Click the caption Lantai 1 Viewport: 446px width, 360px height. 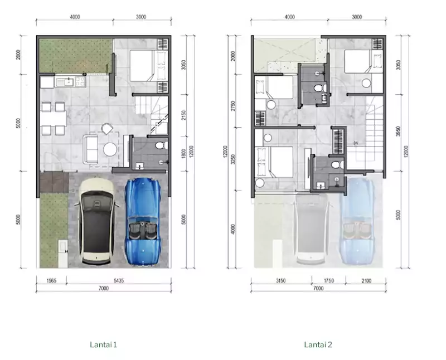[103, 344]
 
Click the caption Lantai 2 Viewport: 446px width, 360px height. [318, 344]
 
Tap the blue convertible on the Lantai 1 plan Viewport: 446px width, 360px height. [143, 221]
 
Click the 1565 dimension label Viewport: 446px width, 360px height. [51, 281]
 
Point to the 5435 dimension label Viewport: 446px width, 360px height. [119, 281]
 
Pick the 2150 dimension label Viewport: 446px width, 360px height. [183, 115]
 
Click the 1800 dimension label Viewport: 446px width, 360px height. [183, 154]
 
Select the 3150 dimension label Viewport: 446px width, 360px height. [280, 281]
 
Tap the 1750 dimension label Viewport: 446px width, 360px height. [328, 281]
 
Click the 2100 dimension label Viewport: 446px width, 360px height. [366, 281]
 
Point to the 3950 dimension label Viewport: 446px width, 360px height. [398, 132]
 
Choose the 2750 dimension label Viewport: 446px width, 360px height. [233, 106]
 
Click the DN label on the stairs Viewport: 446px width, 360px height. [356, 143]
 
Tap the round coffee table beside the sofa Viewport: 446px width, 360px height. [110, 149]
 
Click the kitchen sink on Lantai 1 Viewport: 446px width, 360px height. [69, 82]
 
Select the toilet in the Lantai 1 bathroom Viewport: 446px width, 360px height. [161, 145]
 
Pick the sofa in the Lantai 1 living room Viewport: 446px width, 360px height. [90, 149]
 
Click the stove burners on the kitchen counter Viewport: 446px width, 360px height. [80, 82]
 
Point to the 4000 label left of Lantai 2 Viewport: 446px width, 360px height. [233, 229]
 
